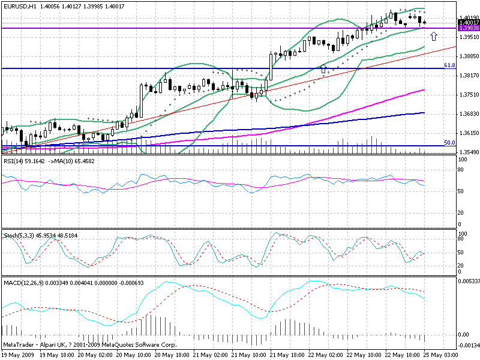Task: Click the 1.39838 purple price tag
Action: (x=468, y=28)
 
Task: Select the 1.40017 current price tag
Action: (x=468, y=23)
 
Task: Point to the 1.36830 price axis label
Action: (x=468, y=113)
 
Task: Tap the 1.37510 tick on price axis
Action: (x=468, y=94)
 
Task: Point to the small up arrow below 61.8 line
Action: (x=324, y=70)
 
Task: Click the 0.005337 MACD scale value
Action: (x=468, y=281)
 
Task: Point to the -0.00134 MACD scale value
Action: (x=468, y=346)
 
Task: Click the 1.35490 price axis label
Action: (x=468, y=152)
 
